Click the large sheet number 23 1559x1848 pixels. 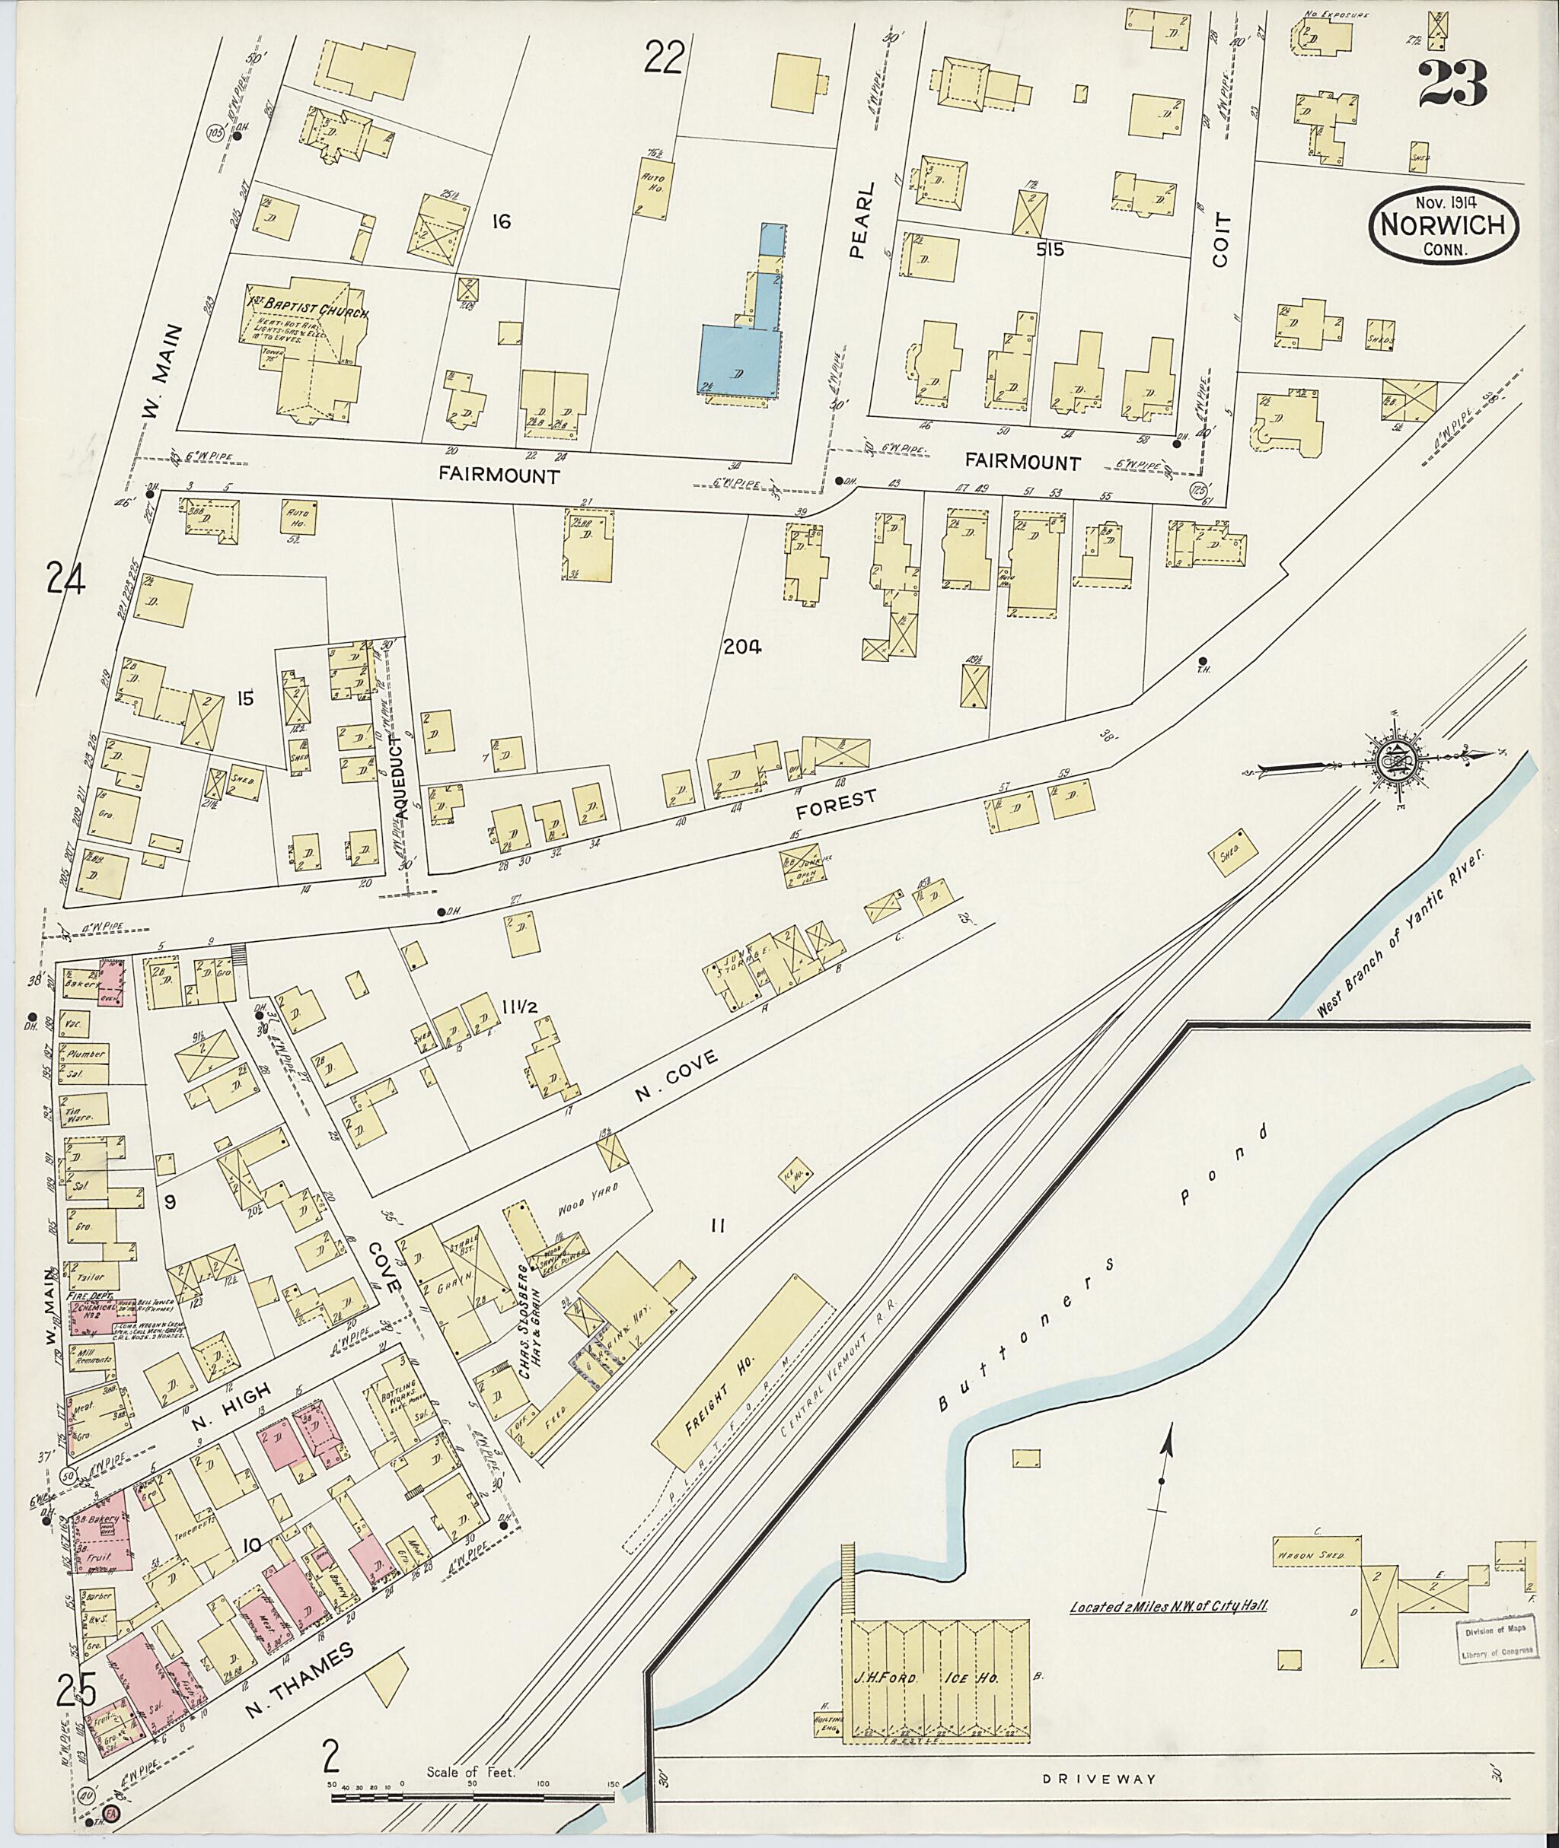(1453, 84)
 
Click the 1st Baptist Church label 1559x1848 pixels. (307, 314)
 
